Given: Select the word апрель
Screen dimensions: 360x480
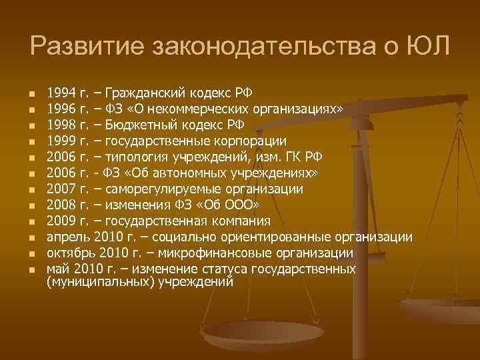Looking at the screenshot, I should click(x=68, y=237).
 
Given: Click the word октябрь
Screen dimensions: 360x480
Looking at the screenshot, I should click(x=71, y=253).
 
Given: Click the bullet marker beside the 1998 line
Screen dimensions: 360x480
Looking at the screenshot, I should click(x=31, y=125).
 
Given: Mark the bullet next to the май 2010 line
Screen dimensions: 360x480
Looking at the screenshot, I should click(x=31, y=270).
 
